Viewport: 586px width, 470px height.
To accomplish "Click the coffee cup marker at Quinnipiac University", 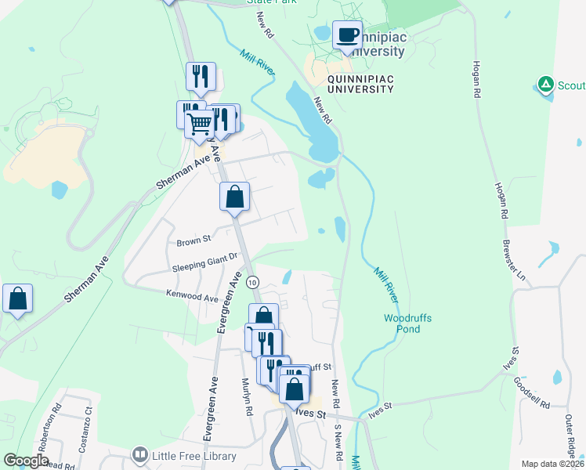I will pos(347,35).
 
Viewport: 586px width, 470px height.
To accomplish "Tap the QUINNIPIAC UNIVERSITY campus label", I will pos(360,84).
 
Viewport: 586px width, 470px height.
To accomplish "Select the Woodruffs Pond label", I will pos(407,324).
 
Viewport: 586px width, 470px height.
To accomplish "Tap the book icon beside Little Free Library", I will pos(140,455).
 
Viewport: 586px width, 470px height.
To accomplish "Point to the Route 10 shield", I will pos(251,282).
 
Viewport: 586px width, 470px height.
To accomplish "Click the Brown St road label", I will pos(195,239).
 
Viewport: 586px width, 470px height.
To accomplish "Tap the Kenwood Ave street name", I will pos(192,297).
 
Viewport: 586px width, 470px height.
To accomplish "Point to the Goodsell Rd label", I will pos(533,392).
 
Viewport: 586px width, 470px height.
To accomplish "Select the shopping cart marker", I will pos(200,122).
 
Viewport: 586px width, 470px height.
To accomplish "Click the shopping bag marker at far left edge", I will pos(17,299).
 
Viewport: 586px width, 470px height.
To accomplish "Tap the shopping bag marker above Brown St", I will pos(234,197).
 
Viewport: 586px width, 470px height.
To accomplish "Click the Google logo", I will pos(26,461).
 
